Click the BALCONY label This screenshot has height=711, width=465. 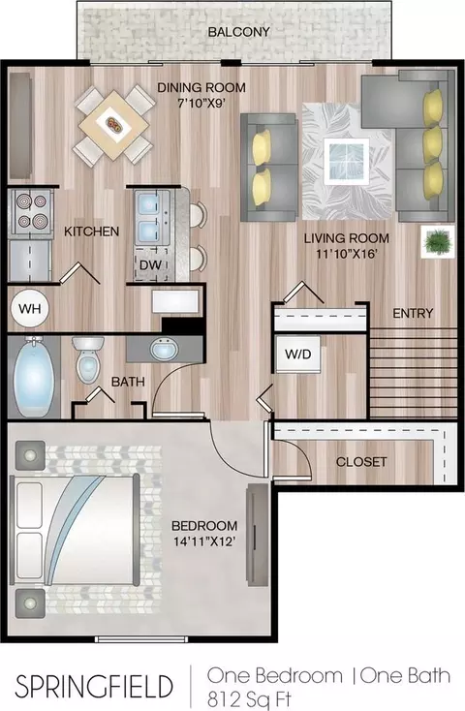[x=238, y=32]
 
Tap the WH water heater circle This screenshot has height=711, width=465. [x=30, y=309]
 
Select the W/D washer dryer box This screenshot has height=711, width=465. [x=297, y=355]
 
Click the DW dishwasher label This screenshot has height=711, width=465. [x=150, y=264]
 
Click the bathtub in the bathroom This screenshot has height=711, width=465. [x=34, y=377]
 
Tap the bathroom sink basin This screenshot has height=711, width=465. [x=164, y=350]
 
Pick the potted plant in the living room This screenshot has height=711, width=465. [x=438, y=241]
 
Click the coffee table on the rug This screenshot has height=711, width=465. [x=346, y=161]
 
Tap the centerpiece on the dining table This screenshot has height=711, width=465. [x=113, y=124]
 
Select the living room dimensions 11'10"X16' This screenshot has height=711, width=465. [x=347, y=254]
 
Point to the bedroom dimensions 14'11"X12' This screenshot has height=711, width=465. [x=204, y=541]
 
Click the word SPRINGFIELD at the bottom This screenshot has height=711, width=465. [x=94, y=686]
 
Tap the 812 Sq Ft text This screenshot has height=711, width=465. [x=249, y=697]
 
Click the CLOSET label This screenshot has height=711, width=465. [x=361, y=462]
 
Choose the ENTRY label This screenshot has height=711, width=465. [x=413, y=313]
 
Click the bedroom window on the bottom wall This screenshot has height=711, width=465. [x=141, y=639]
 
